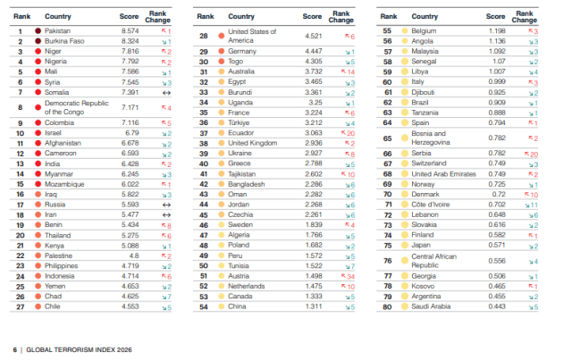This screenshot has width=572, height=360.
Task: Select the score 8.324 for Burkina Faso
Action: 130,41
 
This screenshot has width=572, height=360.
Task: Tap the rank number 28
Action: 205,36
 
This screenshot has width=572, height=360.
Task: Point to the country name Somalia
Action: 57,92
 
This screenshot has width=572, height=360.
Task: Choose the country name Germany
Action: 243,52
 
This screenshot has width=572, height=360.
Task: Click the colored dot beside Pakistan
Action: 37,30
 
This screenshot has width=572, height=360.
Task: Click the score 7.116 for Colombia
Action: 130,122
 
